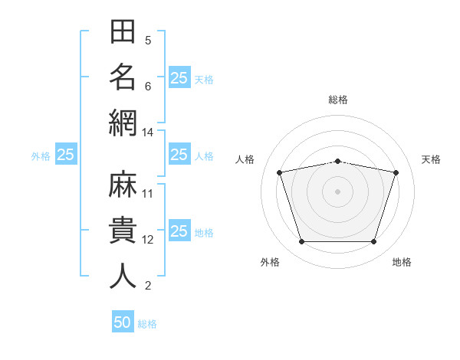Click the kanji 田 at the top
(123, 31)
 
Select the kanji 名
(123, 77)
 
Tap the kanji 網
(123, 123)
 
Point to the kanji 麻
(123, 184)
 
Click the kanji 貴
(123, 230)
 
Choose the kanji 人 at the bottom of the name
(123, 276)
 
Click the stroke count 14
(147, 133)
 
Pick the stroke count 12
(147, 240)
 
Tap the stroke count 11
(147, 194)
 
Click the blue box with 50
(123, 321)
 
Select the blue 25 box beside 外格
(66, 154)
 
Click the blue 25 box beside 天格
(180, 77)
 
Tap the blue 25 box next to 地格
(180, 230)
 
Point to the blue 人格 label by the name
(204, 156)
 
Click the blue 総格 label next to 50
(147, 324)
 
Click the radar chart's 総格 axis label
(338, 100)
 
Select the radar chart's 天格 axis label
(431, 159)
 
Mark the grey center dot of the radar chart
(337, 191)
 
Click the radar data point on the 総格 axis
(337, 162)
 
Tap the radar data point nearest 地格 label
(374, 241)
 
